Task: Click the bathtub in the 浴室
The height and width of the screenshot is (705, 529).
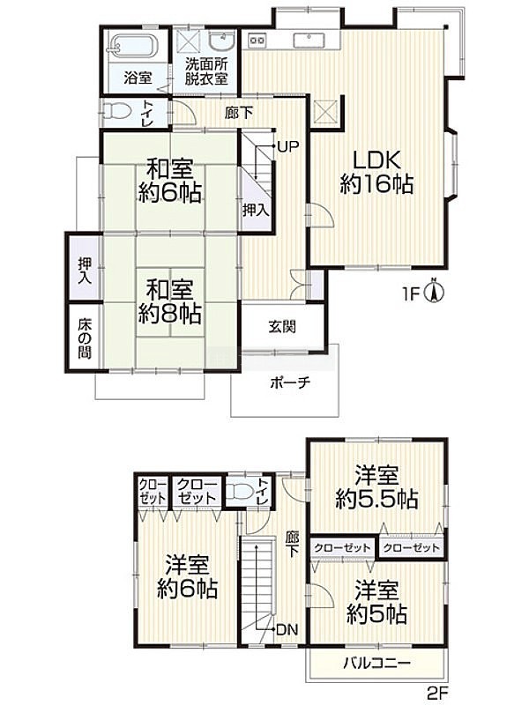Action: pos(134,46)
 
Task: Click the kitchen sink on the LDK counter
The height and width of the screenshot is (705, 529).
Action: pos(309,41)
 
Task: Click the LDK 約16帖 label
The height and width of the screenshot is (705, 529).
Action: pos(376,172)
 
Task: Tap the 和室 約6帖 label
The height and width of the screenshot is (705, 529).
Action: pos(170,182)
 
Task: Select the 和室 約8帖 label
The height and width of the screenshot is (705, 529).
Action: pos(169,301)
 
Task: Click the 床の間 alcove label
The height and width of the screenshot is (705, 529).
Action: pos(84,338)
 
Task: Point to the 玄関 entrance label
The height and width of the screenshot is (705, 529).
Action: pos(282,326)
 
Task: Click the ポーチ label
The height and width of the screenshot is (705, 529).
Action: pos(291,383)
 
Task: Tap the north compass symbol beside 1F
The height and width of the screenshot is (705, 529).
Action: pos(435,292)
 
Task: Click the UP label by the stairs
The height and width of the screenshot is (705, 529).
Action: pos(288,146)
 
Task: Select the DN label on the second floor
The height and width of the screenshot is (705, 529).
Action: pos(287,630)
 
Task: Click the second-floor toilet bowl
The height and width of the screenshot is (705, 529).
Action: pos(239,492)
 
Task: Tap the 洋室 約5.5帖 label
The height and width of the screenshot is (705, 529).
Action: pos(376,487)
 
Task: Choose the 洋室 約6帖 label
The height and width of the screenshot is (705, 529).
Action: pos(188,577)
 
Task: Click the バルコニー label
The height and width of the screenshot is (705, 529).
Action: pos(377,664)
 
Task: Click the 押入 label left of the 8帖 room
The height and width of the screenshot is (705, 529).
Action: pos(84,271)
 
